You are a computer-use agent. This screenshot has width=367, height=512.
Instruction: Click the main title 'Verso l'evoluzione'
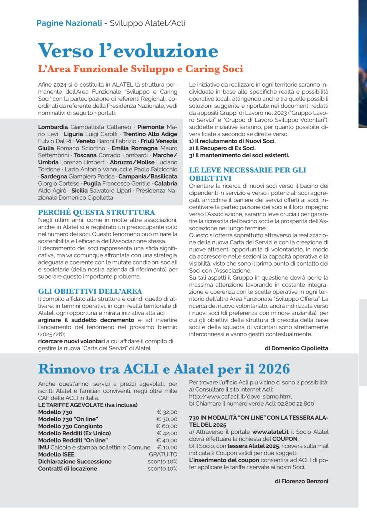tap(128, 51)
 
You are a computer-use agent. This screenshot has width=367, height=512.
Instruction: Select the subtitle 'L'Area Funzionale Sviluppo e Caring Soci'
tap(140, 68)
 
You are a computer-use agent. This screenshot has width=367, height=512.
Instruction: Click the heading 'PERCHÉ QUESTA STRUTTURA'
tap(96, 212)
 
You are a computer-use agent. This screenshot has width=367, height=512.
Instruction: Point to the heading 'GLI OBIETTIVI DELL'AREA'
tap(90, 291)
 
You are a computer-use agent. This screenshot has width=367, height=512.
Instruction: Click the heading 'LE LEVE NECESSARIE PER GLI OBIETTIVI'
tap(247, 174)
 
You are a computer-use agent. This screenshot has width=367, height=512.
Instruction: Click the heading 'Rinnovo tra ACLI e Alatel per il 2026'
tap(164, 369)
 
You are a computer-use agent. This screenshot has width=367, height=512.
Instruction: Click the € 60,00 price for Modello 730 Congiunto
tap(167, 426)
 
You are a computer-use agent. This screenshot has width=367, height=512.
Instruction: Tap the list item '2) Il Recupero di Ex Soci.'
tap(222, 148)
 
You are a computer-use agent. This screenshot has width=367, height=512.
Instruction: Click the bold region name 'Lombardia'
tap(53, 127)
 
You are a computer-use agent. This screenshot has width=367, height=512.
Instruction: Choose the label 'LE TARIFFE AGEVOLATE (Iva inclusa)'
tap(87, 405)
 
